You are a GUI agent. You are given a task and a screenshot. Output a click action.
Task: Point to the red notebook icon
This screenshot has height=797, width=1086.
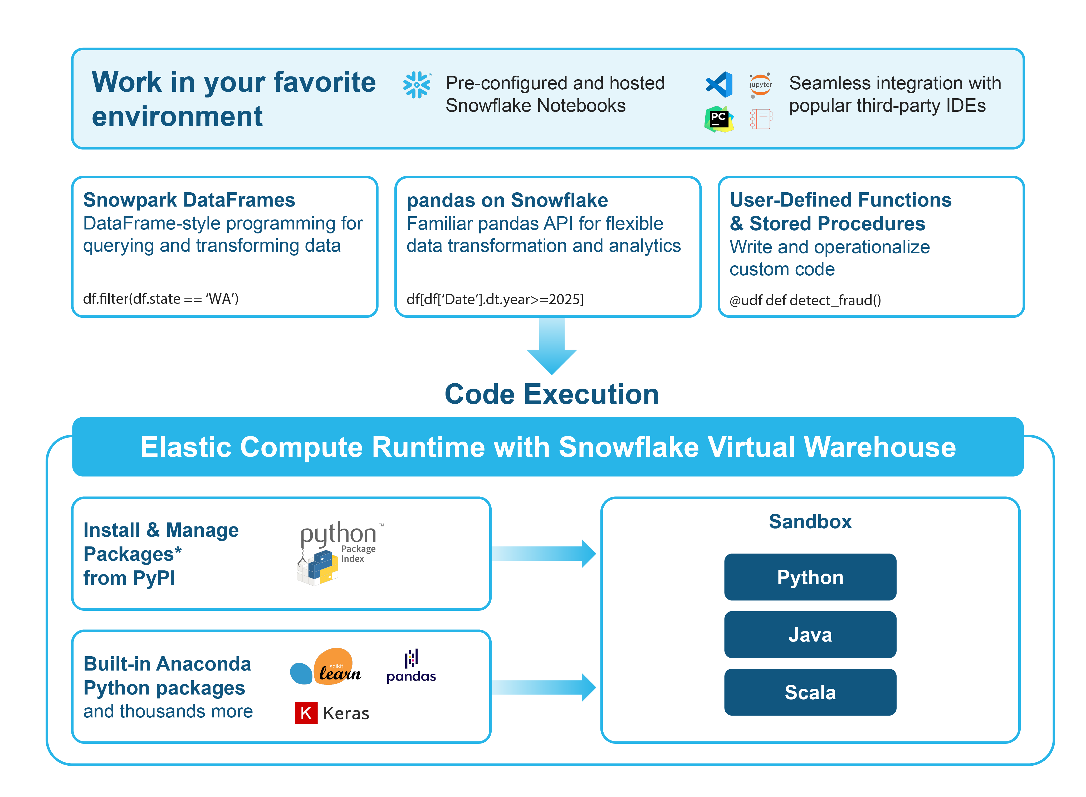[761, 119]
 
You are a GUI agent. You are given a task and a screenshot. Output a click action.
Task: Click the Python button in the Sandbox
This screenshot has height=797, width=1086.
[810, 577]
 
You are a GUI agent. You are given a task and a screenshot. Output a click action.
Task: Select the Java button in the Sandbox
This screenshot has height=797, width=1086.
[810, 634]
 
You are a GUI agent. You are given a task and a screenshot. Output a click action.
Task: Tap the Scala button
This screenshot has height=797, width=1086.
[810, 692]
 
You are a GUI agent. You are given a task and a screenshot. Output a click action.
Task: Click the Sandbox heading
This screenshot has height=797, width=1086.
[810, 521]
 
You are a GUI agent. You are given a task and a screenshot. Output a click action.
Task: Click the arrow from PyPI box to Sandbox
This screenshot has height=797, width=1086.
[544, 553]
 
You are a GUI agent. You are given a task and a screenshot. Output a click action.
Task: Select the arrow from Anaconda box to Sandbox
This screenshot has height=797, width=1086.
[544, 687]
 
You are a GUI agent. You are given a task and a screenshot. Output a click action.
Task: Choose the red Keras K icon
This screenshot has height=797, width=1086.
[306, 713]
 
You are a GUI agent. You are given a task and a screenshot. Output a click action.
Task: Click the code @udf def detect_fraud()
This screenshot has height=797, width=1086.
[805, 300]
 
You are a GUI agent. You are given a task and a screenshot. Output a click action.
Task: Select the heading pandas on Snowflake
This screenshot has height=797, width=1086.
[507, 200]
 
